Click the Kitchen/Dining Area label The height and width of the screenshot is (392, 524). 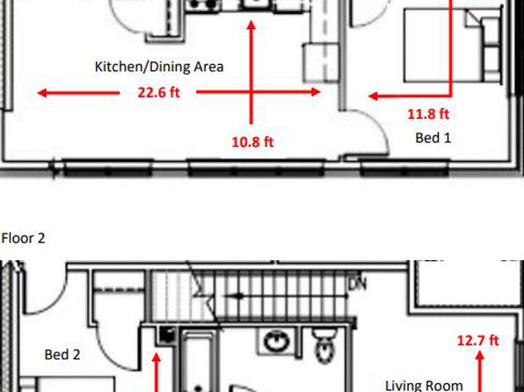click(x=159, y=67)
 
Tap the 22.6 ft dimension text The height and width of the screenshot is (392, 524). click(x=159, y=92)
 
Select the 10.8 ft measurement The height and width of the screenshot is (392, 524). click(x=252, y=142)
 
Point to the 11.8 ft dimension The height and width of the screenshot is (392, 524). click(x=428, y=114)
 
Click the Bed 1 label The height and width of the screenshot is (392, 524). click(x=433, y=138)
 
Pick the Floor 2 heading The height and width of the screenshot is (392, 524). click(x=23, y=238)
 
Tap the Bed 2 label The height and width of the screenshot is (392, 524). click(x=62, y=354)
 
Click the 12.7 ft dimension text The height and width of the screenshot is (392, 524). click(x=478, y=340)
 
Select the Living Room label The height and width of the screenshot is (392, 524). click(x=424, y=386)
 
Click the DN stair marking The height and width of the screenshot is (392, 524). click(x=357, y=284)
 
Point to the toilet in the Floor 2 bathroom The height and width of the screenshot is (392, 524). click(x=324, y=345)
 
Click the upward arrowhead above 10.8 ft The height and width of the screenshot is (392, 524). click(x=251, y=25)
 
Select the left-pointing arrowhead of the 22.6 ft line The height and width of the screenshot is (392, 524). click(x=42, y=92)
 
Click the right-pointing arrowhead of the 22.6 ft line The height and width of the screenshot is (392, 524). click(x=316, y=91)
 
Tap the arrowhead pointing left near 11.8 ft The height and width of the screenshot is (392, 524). click(x=374, y=97)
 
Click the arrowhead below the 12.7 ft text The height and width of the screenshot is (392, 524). click(x=479, y=355)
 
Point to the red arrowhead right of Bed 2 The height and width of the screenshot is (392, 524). click(x=156, y=359)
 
